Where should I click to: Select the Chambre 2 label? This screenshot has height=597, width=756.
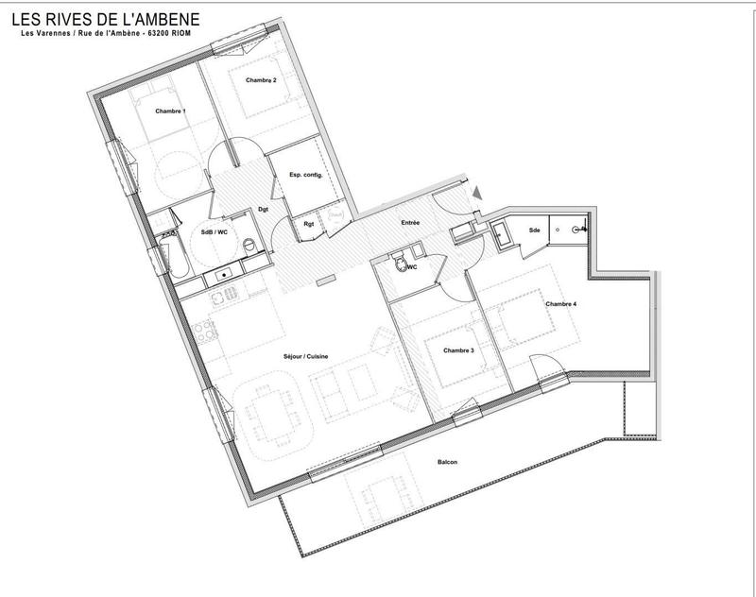point(261,80)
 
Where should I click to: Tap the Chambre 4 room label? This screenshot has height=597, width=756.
point(561,303)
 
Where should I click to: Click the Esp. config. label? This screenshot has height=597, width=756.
point(306,176)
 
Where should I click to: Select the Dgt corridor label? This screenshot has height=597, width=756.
point(265,209)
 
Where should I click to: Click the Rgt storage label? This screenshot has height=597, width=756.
point(309,224)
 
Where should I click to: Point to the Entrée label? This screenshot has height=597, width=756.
point(409,223)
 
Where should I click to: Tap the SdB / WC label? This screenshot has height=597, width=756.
point(215,231)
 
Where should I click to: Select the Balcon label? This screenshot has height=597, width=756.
point(448,461)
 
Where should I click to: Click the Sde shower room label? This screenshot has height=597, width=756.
point(534,230)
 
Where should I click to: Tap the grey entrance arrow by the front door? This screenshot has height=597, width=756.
point(476,193)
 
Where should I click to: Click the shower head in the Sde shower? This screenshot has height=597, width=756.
point(583,227)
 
